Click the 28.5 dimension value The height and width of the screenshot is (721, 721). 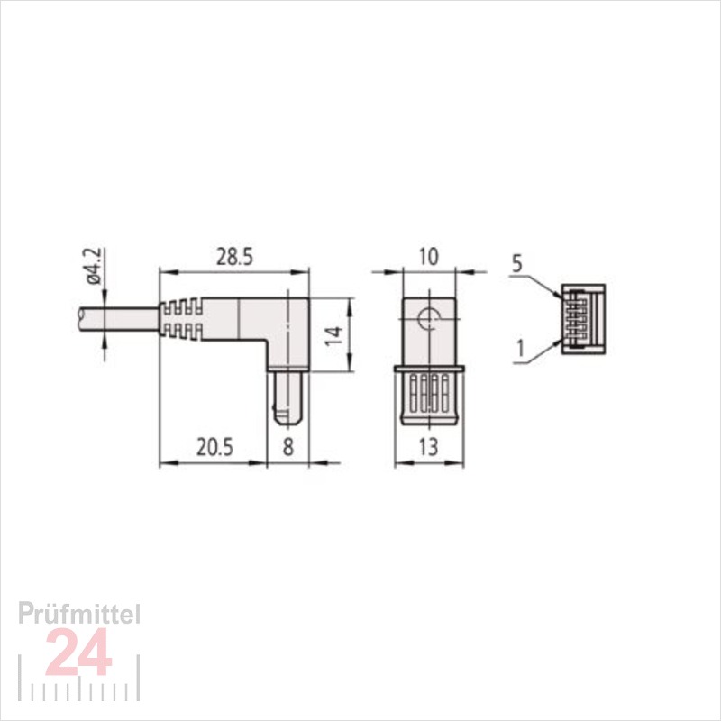click(x=234, y=258)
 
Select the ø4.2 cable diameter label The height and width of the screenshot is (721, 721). click(x=95, y=267)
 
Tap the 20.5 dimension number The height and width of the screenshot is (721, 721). click(x=214, y=447)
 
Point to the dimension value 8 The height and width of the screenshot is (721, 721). click(x=287, y=447)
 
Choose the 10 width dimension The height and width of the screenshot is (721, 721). click(x=429, y=258)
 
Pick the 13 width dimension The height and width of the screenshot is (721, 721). click(x=429, y=447)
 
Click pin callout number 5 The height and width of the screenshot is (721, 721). click(x=517, y=264)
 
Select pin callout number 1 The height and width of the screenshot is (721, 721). click(x=520, y=349)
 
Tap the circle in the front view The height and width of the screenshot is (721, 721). click(x=429, y=317)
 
